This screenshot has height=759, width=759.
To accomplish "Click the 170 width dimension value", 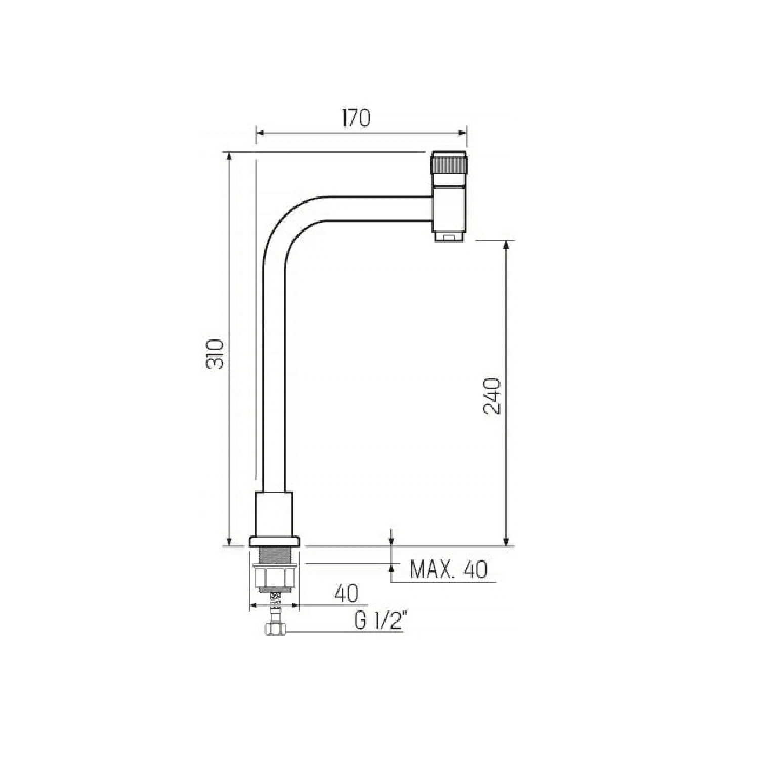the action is coord(356,118).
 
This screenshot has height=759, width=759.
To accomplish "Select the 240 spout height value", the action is coord(492,396).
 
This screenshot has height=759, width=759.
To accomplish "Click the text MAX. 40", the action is coord(449,570).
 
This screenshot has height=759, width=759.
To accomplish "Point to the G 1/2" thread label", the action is coord(378,621).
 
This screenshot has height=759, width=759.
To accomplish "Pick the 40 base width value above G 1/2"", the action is coord(347,594).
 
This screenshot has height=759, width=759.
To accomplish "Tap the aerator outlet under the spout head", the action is coord(449,236).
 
